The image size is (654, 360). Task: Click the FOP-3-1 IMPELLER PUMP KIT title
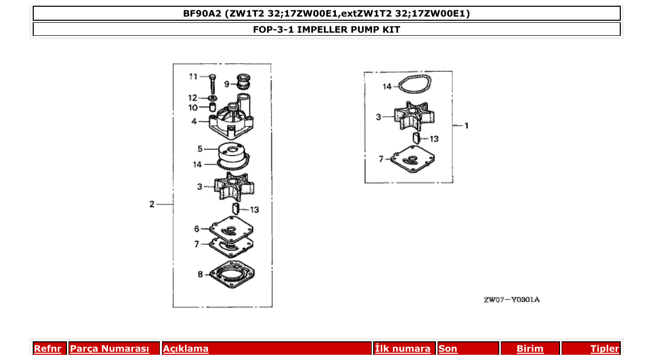[326, 30]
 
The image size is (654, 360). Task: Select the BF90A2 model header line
[326, 13]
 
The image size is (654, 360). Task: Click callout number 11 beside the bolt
[194, 77]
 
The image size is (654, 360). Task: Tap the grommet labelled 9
[243, 82]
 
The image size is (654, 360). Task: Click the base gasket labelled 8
[231, 274]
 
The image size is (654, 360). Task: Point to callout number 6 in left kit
[197, 229]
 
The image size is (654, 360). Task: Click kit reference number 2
[152, 204]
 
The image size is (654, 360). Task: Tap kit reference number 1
[466, 126]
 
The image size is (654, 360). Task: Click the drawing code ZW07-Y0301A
[511, 300]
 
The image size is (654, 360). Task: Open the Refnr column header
[47, 349]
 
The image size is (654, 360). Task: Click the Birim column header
[530, 349]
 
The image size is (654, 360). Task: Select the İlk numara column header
[403, 349]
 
